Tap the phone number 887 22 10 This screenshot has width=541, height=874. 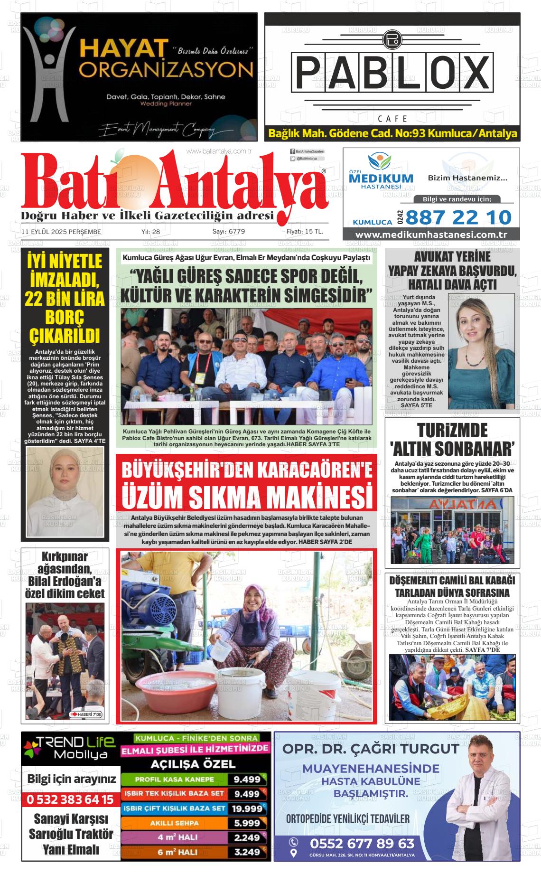tap(458, 217)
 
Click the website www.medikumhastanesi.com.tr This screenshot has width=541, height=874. tap(431, 235)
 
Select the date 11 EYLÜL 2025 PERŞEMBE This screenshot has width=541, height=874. tap(61, 232)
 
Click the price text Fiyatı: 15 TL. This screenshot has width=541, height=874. tap(305, 232)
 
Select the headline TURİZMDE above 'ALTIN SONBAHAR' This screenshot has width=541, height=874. tap(452, 431)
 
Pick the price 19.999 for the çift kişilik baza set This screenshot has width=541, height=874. tap(247, 808)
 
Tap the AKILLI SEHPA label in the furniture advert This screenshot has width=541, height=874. tap(174, 823)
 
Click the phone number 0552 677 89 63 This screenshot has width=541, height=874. tap(362, 843)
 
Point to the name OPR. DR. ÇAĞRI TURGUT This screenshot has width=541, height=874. tap(371, 749)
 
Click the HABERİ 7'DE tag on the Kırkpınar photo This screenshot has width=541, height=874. tap(86, 714)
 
